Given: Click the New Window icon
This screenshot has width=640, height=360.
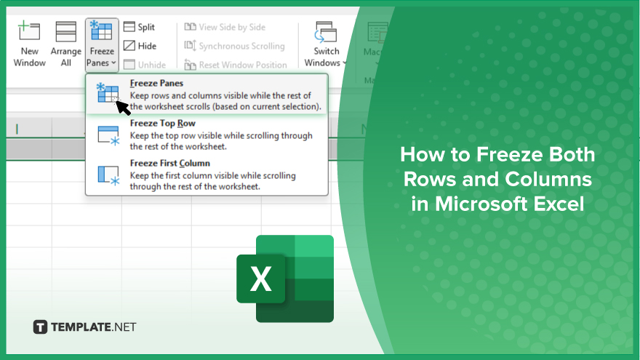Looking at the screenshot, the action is [29, 31].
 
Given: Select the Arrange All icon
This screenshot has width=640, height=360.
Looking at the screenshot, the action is [65, 31].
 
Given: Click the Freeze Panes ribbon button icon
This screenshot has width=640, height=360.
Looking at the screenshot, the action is [101, 31].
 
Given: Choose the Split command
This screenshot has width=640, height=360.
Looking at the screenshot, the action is [139, 27].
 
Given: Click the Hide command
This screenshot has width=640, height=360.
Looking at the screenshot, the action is [140, 46].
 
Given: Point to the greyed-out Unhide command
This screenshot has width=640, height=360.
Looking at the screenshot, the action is [145, 65].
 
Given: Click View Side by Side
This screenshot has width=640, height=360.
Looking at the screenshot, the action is [225, 27].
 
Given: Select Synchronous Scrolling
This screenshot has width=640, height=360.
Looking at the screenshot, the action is [235, 46].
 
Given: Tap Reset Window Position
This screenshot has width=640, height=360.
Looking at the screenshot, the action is [236, 65].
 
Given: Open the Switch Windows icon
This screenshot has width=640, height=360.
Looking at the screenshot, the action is [326, 32].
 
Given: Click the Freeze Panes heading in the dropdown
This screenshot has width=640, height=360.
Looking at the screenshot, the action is [157, 83].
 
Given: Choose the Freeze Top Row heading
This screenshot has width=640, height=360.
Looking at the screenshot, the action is [163, 123].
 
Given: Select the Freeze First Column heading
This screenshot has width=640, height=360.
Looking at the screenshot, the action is [170, 163].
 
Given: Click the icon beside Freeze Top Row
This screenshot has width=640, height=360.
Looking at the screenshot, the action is [108, 135].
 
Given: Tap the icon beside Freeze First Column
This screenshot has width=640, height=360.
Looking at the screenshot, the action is [108, 175].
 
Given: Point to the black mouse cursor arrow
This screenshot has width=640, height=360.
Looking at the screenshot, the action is [122, 107].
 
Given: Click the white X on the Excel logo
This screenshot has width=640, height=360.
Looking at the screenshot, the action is [261, 279].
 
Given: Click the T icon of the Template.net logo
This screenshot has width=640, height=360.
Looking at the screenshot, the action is [40, 327].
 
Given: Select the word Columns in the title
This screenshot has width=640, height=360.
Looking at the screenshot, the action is [548, 179].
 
